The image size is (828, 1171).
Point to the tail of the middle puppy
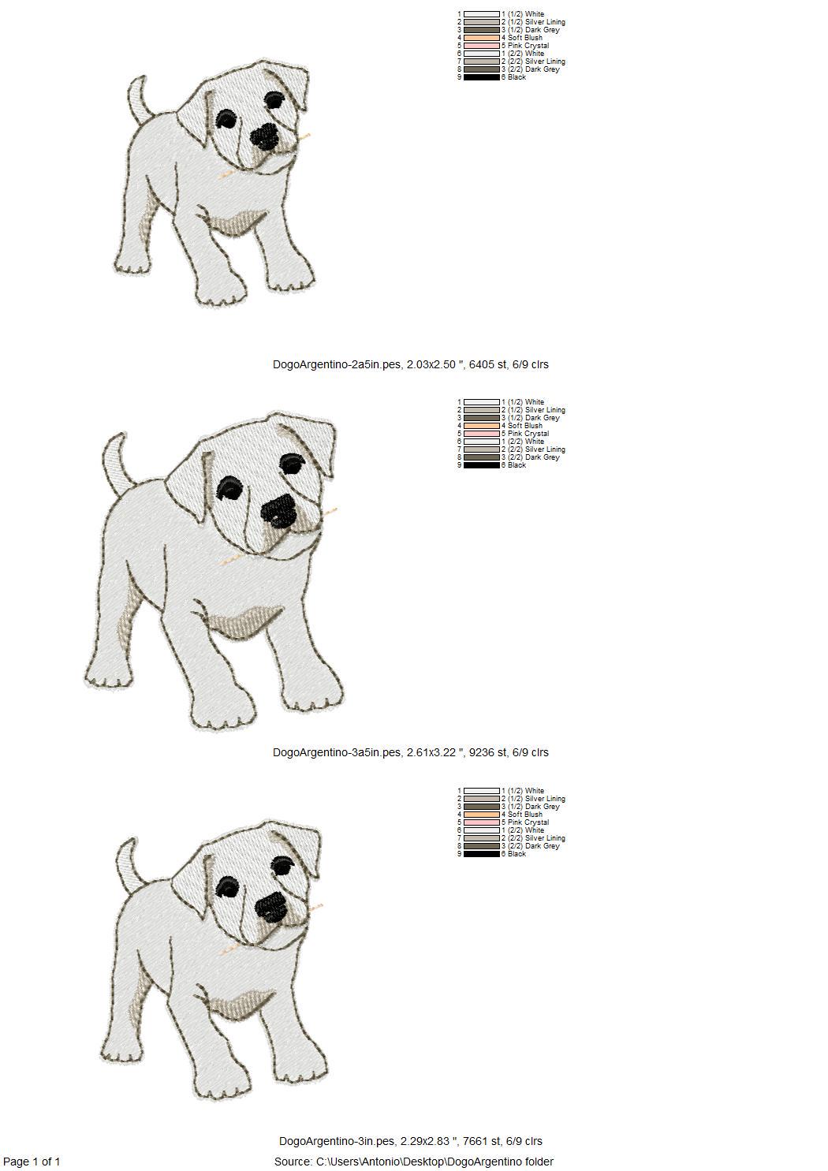point(117,459)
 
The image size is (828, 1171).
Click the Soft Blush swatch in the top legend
point(482,38)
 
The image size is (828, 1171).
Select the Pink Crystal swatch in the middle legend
point(482,434)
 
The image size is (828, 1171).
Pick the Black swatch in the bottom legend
point(482,854)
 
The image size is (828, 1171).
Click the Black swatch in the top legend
point(482,76)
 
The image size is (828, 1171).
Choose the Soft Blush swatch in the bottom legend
point(482,815)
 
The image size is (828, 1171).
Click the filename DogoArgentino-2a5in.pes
point(338,364)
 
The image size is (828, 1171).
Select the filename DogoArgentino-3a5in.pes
point(338,752)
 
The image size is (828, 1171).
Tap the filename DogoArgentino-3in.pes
point(338,1141)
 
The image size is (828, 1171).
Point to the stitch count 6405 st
point(488,364)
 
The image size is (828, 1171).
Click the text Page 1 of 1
point(32,1162)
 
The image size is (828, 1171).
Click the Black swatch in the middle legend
point(482,464)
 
